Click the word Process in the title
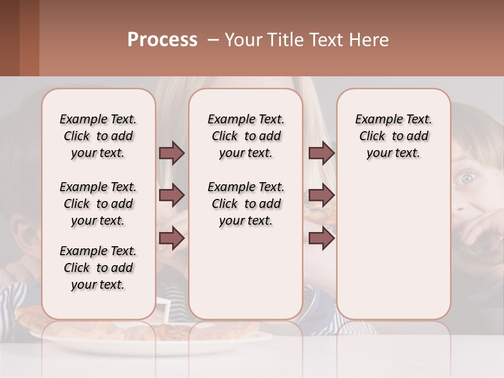click(162, 40)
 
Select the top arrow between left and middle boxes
click(172, 153)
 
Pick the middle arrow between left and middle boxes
click(172, 195)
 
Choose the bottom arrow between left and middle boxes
click(172, 238)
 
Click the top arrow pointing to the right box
click(321, 153)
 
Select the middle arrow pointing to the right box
click(321, 195)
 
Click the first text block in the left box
click(98, 136)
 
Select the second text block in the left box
click(98, 204)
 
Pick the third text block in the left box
click(98, 268)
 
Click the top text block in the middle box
click(246, 136)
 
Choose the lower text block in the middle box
click(246, 204)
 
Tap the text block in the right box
click(393, 136)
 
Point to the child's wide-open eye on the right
click(465, 178)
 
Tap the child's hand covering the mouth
click(480, 231)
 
